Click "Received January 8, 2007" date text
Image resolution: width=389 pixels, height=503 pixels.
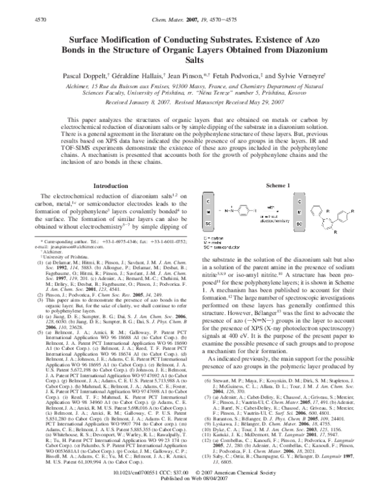139,103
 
